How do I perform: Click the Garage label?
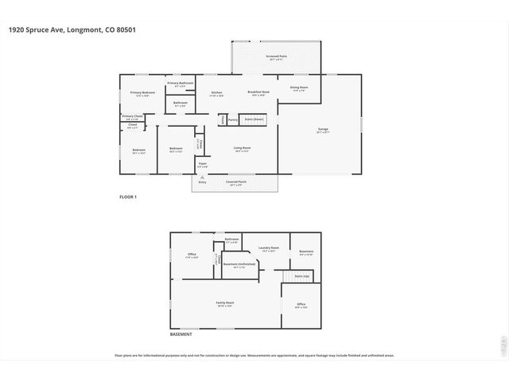point(323,129)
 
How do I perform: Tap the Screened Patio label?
point(276,58)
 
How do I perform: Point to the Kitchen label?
point(216,93)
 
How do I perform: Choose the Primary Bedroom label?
point(142,93)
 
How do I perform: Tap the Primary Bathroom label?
point(180,84)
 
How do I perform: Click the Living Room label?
point(242,148)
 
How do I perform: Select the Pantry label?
point(233,120)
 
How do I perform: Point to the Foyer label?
point(203,165)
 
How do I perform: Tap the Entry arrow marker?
point(201,180)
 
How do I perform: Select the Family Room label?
point(224,303)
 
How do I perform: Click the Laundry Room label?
point(268,248)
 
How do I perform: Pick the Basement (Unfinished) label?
point(239,264)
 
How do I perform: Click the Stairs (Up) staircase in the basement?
point(301,276)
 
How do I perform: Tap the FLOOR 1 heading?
point(128,197)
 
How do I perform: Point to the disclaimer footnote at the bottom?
point(254,356)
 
